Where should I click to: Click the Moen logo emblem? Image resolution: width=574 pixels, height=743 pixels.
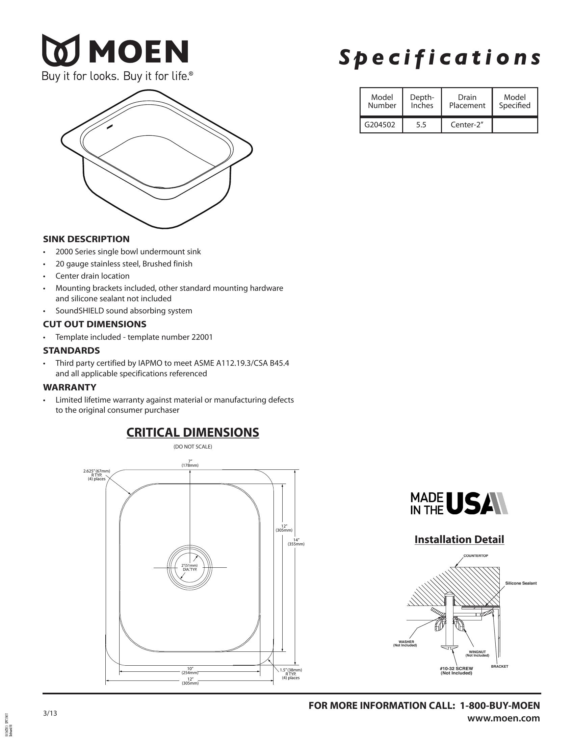pos(60,50)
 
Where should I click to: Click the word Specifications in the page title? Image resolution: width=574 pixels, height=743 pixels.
pos(439,57)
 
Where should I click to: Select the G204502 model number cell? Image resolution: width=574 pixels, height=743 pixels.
pos(380,125)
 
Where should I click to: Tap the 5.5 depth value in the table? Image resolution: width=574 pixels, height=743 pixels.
pos(421,125)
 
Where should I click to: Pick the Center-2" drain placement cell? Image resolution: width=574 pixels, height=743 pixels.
pos(467,125)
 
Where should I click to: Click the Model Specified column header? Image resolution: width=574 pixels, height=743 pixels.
pos(515,101)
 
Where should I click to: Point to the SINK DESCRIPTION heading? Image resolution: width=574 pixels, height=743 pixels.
pos(86,239)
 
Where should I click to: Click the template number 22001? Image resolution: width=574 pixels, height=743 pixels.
pos(202,337)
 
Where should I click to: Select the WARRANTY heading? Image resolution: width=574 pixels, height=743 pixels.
pos(69,387)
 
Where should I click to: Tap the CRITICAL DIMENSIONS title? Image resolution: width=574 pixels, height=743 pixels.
pos(192,432)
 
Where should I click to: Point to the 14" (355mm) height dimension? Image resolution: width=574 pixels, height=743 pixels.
pos(296,542)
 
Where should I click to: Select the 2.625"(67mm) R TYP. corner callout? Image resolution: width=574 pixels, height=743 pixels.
pos(97,475)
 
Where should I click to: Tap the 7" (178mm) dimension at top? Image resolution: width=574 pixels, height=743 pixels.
pos(190,463)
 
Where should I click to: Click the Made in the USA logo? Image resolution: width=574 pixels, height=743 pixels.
pos(459,503)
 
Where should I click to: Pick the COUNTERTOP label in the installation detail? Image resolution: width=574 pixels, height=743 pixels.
pos(475,556)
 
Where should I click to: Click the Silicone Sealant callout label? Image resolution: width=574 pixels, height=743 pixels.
pos(521,583)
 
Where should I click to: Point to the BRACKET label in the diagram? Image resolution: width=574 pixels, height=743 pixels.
pos(499,666)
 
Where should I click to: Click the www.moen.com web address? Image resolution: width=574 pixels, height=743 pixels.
pos(503,718)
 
